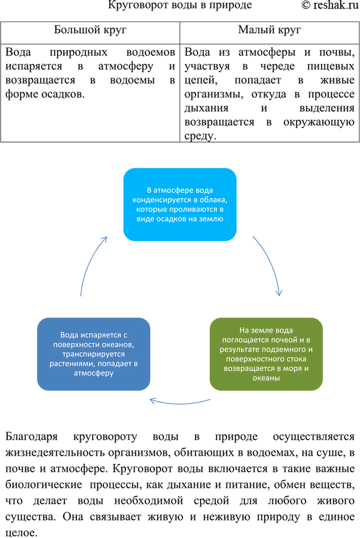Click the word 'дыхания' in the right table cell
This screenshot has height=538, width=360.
tap(206, 108)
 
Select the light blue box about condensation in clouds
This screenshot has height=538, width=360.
tap(180, 204)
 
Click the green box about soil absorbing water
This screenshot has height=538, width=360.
tap(266, 354)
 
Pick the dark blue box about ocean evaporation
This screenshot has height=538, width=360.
tap(93, 354)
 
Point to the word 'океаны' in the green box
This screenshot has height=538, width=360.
tap(266, 378)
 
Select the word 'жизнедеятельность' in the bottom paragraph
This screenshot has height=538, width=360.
tap(57, 453)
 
